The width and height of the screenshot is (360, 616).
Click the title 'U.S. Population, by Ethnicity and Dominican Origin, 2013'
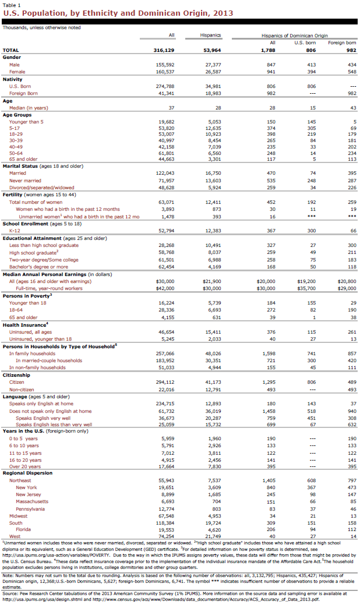click(x=118, y=13)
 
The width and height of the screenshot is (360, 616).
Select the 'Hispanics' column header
click(x=210, y=35)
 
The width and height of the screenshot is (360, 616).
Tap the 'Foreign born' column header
click(x=342, y=43)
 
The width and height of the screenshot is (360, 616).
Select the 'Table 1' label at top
click(x=12, y=5)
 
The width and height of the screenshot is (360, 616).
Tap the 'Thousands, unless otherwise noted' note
click(x=42, y=27)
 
